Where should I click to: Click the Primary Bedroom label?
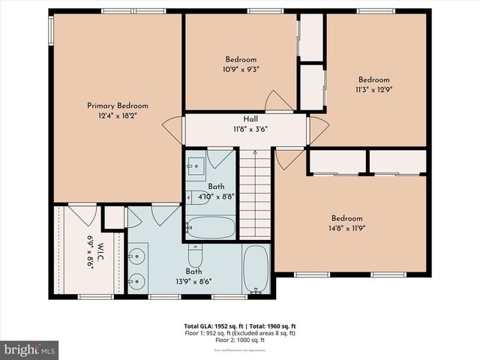[x=118, y=106]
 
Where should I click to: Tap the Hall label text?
[x=250, y=119]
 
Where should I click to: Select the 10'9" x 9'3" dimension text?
[x=241, y=69]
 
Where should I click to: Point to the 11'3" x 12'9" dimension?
[x=373, y=89]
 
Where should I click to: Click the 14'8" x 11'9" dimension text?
[x=347, y=229]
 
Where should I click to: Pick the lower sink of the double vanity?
[x=136, y=282]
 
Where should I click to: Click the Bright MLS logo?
[x=30, y=349]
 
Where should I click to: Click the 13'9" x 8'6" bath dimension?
[x=194, y=282]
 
